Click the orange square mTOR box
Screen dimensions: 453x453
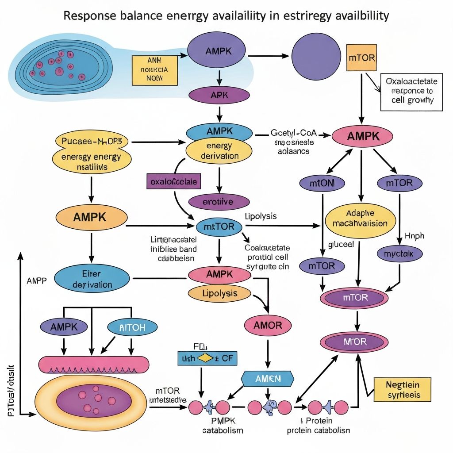click(361, 57)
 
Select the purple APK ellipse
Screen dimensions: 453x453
click(219, 95)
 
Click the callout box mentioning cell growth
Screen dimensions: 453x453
click(411, 92)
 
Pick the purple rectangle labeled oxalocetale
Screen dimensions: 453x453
click(173, 181)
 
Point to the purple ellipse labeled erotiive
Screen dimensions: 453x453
click(219, 202)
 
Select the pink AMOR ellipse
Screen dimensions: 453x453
click(268, 326)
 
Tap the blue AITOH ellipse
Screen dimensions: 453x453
click(132, 327)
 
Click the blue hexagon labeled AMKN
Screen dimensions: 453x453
click(268, 378)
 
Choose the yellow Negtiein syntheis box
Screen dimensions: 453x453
click(403, 389)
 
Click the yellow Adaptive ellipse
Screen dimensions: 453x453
click(359, 218)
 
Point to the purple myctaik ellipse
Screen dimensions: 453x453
click(400, 253)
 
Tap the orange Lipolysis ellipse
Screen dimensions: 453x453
click(219, 293)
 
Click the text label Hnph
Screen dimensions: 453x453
click(414, 236)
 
